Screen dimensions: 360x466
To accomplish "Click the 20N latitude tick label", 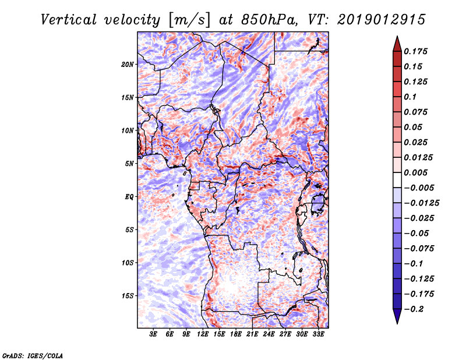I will (x=128, y=64).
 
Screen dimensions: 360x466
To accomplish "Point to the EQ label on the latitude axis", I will (x=129, y=196).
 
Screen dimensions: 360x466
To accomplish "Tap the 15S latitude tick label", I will (x=128, y=295).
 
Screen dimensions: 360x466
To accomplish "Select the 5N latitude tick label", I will (x=129, y=163).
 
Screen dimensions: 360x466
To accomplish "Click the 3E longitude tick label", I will (x=154, y=334).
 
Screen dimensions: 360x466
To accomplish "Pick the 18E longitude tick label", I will (x=236, y=334).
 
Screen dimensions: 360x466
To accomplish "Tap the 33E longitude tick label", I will (x=318, y=334).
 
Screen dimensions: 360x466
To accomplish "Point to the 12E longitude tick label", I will (x=203, y=334).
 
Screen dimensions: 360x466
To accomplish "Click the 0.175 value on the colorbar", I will (x=418, y=51).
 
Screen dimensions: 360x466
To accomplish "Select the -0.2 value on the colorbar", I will (x=418, y=309).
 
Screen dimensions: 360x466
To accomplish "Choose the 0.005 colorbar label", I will (x=418, y=172).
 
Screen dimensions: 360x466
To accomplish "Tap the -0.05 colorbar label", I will (x=419, y=233).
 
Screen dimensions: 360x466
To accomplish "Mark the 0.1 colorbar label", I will (x=413, y=97).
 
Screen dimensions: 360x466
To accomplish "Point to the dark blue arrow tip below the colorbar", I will (x=397, y=320).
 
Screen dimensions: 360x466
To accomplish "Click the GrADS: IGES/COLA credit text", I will (x=32, y=355).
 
